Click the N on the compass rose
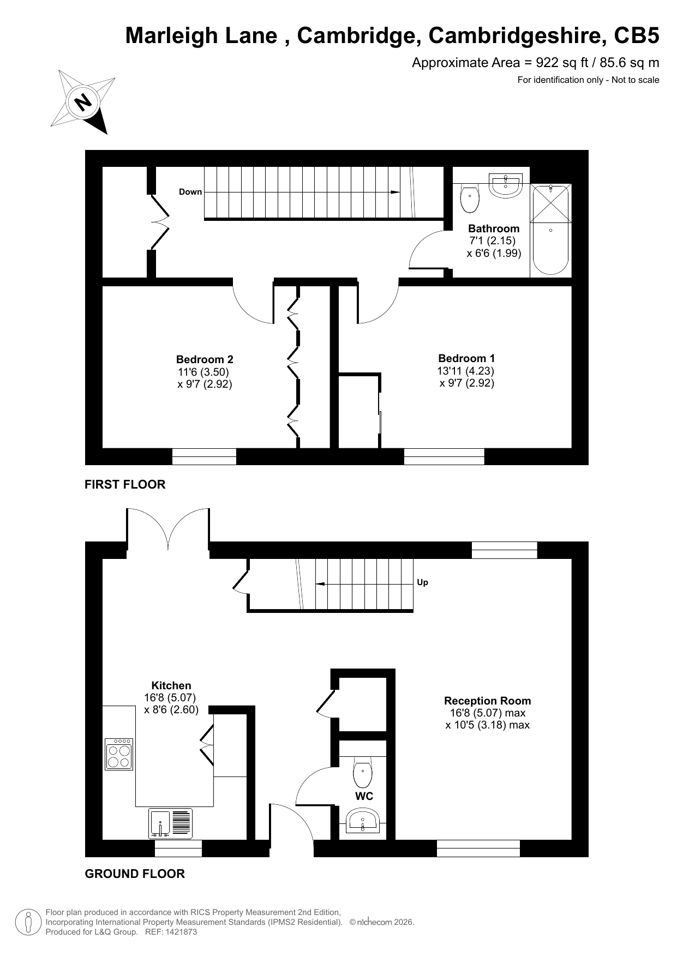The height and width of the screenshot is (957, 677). pos(83,102)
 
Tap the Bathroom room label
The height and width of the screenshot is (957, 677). pos(494,228)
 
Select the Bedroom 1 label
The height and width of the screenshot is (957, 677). pos(466,358)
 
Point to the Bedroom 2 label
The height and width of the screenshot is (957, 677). pos(205,359)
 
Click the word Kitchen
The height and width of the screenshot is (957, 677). pos(171,685)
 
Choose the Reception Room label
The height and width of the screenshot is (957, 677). pos(487,701)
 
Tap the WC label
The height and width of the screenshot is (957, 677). pos(364,796)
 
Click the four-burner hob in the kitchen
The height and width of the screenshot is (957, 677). pos(119,754)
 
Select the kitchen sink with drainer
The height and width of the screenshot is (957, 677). pos(170,823)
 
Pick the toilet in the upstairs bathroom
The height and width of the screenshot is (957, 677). pos(470,198)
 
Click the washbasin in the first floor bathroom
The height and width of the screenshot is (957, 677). pos(506,184)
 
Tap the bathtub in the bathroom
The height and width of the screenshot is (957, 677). pos(550,230)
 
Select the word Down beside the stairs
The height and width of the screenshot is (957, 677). pos(190,192)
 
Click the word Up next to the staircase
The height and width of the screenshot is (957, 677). pos(422,582)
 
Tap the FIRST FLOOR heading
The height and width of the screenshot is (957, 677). pos(125,484)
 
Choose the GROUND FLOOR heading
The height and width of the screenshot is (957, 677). pos(135,874)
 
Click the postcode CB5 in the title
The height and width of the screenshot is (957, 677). pos(637,36)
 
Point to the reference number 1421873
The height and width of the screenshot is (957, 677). pos(179,932)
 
